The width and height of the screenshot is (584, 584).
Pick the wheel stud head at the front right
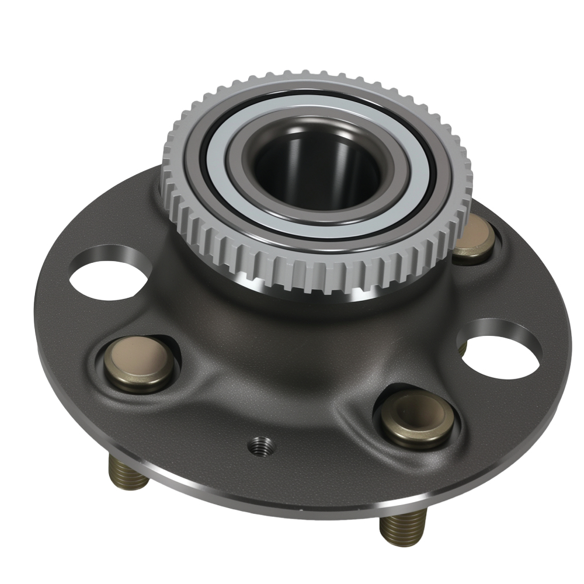[x=418, y=416]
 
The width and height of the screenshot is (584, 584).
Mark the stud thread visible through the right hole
[x=463, y=349]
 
